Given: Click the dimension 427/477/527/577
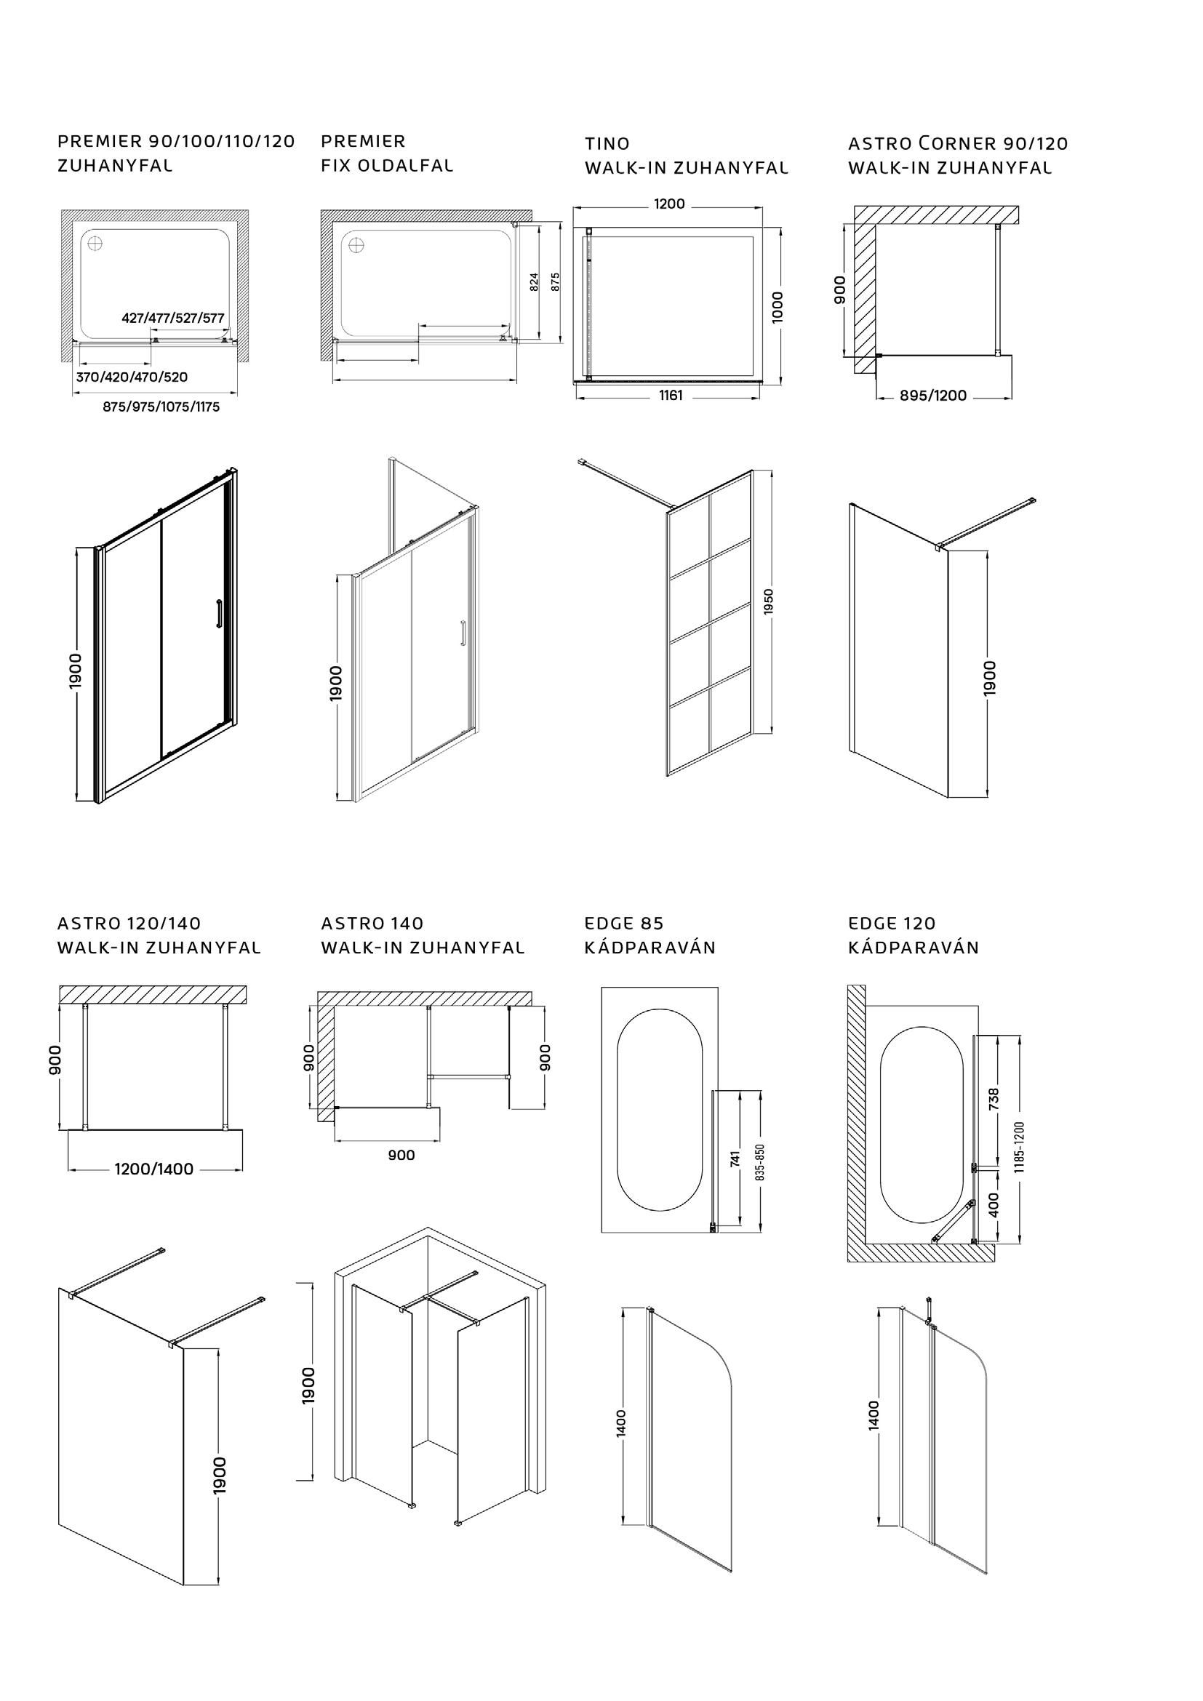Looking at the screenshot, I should (172, 319).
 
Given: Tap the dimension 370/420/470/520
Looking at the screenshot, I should (132, 377).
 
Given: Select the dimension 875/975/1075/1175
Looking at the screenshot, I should (161, 407).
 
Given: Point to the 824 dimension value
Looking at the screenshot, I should (534, 282).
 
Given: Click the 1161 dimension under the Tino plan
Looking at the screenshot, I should (671, 396).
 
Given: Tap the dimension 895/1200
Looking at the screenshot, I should (933, 396).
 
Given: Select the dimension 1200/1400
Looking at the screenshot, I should (154, 1169).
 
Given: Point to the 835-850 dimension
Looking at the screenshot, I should (759, 1161).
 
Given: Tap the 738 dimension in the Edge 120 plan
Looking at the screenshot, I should (994, 1098).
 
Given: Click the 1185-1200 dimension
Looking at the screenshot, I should (1019, 1148).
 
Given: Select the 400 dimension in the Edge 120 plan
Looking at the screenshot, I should (994, 1204).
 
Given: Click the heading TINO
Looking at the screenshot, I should (607, 144).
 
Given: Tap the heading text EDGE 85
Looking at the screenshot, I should (624, 923).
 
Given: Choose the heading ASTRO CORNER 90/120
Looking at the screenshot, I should (958, 144).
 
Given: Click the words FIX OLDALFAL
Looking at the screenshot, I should (387, 165).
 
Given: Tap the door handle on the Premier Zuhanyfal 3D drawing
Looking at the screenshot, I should (217, 615).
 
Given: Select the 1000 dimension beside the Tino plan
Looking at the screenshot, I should (776, 307).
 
